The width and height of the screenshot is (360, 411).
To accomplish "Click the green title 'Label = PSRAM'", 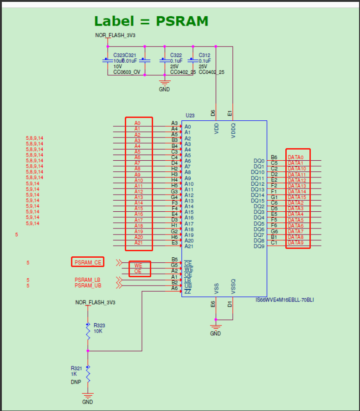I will click(151, 21).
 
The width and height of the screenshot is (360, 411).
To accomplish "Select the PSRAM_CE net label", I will click(88, 262).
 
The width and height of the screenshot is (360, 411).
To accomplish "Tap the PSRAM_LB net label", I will click(87, 280).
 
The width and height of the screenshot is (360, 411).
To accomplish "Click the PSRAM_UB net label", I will click(87, 286).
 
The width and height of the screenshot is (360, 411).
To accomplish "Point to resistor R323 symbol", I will click(88, 331).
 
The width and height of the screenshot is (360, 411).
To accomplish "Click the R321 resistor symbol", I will click(88, 374).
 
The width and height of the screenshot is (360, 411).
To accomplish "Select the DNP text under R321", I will click(76, 382).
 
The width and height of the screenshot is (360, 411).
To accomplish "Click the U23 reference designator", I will click(190, 115).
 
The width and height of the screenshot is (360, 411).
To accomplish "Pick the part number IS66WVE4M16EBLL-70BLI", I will click(284, 300).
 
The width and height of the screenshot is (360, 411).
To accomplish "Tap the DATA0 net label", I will click(296, 157).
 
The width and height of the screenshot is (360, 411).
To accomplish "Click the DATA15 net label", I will click(296, 197).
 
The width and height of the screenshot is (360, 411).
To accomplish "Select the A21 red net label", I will click(139, 243).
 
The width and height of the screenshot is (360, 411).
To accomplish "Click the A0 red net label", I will click(137, 123).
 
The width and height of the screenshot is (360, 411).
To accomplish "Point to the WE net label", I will click(138, 265).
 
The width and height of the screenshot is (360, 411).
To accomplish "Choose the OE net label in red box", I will click(138, 271).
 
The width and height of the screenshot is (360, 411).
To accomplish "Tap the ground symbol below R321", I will click(88, 398).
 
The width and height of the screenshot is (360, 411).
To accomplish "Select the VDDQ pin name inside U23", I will click(233, 129).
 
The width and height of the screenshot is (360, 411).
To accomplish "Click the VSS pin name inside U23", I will click(217, 289).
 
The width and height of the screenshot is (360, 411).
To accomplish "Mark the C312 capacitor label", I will click(205, 55).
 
